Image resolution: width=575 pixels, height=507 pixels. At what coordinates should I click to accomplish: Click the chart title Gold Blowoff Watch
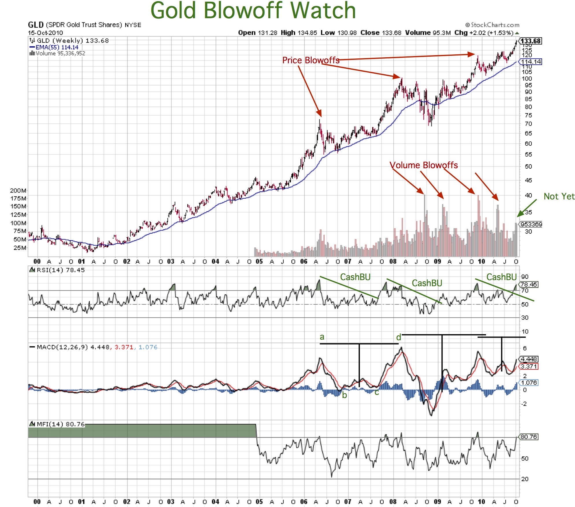pos(253,10)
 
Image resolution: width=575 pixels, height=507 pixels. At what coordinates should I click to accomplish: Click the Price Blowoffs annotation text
pos(311,60)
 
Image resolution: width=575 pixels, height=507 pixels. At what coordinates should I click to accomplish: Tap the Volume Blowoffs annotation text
pos(424,165)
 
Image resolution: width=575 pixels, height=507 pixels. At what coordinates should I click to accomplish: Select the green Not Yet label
pos(559,197)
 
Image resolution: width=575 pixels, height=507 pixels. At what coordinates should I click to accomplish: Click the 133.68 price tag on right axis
pos(530,41)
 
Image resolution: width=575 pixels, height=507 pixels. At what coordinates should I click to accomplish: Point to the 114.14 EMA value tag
pos(531,62)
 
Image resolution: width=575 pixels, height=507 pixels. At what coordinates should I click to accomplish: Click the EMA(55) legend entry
pos(54,47)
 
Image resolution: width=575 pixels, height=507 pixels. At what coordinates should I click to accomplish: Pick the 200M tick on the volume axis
pos(18,190)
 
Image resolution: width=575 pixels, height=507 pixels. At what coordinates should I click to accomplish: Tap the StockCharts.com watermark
pos(492,25)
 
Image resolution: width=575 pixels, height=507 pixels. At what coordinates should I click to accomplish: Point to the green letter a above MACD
pos(322,337)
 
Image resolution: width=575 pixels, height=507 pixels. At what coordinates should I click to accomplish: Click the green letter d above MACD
pos(398,337)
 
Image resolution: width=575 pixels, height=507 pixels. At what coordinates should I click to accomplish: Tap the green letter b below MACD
pos(344,395)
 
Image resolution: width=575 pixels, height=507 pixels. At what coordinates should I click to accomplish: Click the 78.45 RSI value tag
pos(529,284)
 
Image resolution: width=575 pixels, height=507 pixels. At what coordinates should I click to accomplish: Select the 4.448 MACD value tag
pos(529,359)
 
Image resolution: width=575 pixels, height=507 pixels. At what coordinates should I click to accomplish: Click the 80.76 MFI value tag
pos(529,437)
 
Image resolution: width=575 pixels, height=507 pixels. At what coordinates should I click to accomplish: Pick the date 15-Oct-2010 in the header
pos(45,33)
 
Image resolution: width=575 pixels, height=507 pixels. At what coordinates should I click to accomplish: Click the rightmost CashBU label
pos(501,277)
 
